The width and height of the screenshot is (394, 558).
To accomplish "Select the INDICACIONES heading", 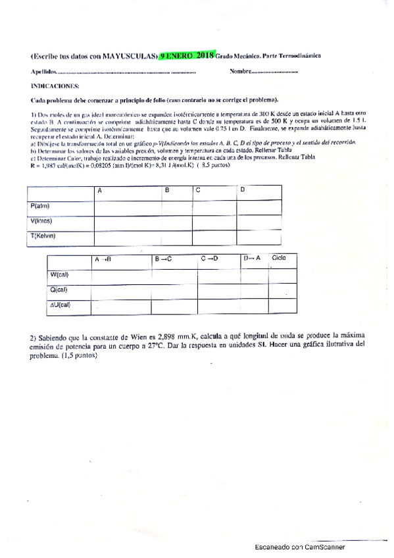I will click(x=55, y=86).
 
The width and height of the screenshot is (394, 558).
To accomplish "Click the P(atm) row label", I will click(x=41, y=206).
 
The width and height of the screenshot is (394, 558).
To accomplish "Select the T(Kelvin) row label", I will click(x=44, y=236).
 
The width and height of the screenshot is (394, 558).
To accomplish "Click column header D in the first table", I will click(x=243, y=190).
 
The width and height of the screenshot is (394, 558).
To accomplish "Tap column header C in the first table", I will click(x=198, y=190).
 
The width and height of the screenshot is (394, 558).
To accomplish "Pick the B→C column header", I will click(x=163, y=259).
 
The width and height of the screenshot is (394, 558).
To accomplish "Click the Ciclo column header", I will click(x=279, y=258).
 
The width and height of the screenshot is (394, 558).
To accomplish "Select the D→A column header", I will click(x=252, y=259).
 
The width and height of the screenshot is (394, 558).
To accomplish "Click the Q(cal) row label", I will click(x=59, y=290).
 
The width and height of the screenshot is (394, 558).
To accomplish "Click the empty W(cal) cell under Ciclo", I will click(x=282, y=275).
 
